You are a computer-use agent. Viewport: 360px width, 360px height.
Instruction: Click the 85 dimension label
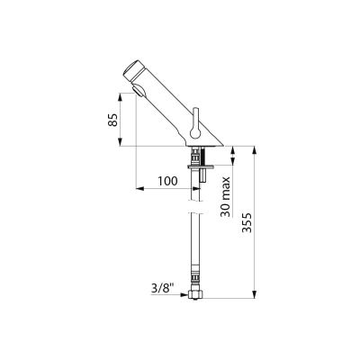click(x=112, y=120)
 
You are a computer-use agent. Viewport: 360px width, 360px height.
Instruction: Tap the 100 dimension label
click(x=167, y=181)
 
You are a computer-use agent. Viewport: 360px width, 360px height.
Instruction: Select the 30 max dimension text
click(x=226, y=197)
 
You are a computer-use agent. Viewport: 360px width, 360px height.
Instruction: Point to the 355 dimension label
click(x=247, y=223)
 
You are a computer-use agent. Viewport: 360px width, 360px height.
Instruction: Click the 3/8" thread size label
click(x=162, y=289)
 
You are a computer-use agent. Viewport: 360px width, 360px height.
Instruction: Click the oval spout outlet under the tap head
click(x=138, y=91)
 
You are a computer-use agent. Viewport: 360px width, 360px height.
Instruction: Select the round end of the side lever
click(x=195, y=132)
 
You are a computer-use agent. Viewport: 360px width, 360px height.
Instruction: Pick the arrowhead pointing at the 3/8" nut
click(x=184, y=294)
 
